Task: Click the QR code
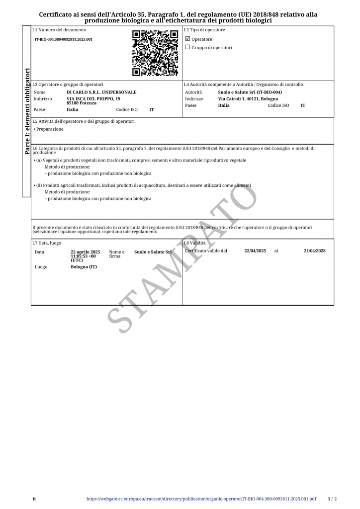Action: [155, 53]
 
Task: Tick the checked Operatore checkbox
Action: [187, 39]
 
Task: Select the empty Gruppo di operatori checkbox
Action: [187, 47]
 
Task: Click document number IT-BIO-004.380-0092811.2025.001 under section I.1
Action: [63, 39]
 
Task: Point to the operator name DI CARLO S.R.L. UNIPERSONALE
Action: [101, 92]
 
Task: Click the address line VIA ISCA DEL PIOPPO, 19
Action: [93, 98]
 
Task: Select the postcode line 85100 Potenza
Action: [82, 103]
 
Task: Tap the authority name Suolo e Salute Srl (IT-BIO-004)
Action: [250, 92]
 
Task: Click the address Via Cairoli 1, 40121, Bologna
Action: [248, 99]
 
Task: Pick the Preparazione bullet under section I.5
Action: [49, 129]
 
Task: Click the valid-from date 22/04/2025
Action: [255, 251]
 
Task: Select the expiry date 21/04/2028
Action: [315, 251]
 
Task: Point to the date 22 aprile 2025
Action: [86, 252]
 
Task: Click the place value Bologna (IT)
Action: [84, 267]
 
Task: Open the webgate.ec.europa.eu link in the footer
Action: [201, 499]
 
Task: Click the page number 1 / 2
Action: [333, 499]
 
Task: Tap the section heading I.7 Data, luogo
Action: [47, 243]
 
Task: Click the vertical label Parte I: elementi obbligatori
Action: [27, 111]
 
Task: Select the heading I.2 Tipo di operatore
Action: [204, 30]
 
